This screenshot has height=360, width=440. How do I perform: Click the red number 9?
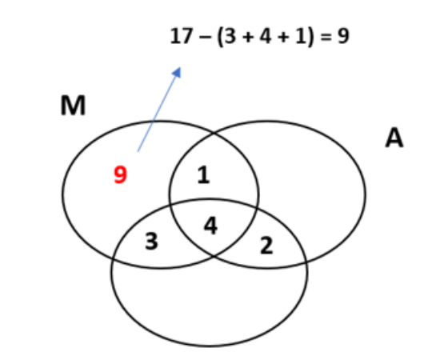(x=120, y=174)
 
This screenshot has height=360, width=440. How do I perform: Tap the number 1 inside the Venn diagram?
(x=203, y=175)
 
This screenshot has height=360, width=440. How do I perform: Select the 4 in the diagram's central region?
(x=210, y=226)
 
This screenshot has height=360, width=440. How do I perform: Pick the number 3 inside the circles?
(x=151, y=241)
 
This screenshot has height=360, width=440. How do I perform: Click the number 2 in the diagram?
(x=266, y=246)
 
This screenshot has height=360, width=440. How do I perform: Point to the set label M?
(x=73, y=106)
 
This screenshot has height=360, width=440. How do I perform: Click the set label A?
(x=394, y=138)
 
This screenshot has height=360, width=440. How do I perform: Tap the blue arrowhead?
(x=177, y=72)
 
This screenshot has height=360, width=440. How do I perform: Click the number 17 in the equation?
(x=182, y=36)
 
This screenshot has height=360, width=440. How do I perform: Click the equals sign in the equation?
(x=326, y=37)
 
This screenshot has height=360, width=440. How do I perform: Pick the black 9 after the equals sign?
(x=343, y=36)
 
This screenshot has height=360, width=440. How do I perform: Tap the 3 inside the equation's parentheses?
(x=230, y=36)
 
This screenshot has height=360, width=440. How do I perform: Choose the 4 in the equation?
(x=265, y=36)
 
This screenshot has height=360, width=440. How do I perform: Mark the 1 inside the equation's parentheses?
(x=301, y=36)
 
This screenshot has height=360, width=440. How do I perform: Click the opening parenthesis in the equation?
(x=220, y=37)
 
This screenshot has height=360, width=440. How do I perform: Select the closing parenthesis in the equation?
(x=310, y=37)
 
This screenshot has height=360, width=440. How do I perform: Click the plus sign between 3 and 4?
(x=247, y=38)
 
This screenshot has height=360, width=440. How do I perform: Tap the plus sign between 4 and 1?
(x=283, y=38)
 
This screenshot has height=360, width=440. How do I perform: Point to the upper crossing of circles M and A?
(x=214, y=134)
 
